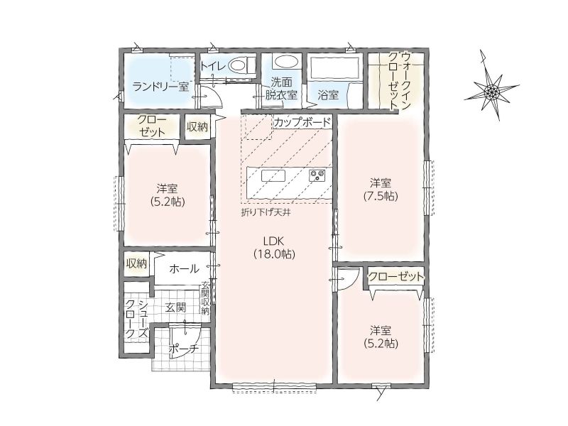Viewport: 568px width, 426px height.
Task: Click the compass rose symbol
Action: [x=491, y=91]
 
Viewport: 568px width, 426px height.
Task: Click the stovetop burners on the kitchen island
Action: [x=317, y=175]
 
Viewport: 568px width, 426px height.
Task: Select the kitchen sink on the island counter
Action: [x=273, y=175]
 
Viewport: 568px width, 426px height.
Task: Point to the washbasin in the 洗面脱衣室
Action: [x=285, y=62]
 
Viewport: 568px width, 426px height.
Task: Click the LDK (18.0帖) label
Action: [x=274, y=247]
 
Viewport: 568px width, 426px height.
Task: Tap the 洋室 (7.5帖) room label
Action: [x=381, y=189]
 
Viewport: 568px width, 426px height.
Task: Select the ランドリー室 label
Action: [x=161, y=87]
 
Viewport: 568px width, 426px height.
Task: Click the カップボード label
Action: [x=302, y=122]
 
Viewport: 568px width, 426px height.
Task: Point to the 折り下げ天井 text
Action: [x=266, y=212]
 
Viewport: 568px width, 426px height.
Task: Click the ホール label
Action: [x=184, y=269]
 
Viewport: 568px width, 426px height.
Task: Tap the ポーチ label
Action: [x=184, y=349]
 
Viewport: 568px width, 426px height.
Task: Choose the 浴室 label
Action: [x=328, y=95]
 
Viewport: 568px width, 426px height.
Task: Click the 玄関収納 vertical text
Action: [x=205, y=298]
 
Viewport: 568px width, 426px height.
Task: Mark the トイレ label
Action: [x=214, y=66]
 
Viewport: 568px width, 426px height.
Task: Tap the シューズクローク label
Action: [x=136, y=318]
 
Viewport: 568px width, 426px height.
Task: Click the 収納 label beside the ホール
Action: [x=136, y=263]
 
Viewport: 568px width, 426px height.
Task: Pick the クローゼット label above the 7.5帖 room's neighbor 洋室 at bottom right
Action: [x=395, y=277]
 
